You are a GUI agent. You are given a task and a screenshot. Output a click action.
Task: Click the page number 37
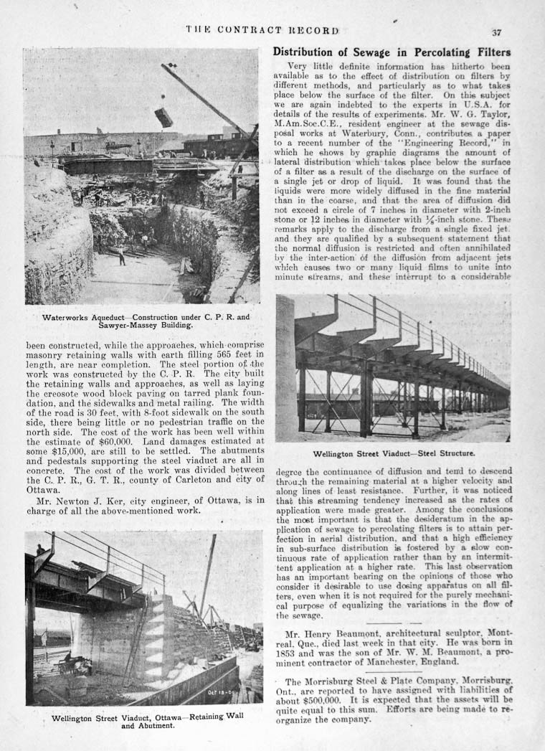tap(496, 32)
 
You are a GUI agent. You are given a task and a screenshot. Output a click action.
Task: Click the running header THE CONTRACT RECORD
tap(262, 30)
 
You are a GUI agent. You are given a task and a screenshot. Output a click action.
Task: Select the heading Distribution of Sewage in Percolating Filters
tap(392, 52)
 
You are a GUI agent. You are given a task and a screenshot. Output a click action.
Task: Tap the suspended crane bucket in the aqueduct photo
tap(163, 117)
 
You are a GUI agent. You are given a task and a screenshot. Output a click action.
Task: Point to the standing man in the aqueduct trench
tap(122, 256)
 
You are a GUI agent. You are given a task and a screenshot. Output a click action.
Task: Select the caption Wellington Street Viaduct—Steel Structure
tap(394, 454)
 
